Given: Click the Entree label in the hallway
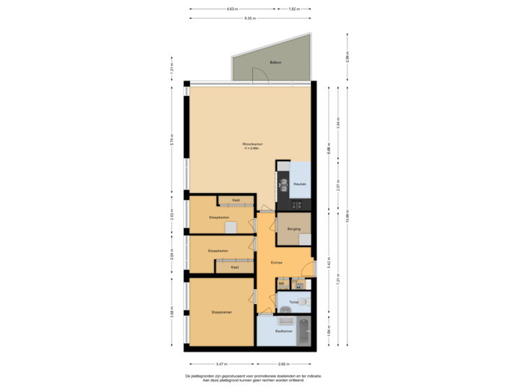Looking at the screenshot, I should click(x=276, y=262).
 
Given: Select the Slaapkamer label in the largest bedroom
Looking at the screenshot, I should click(x=221, y=312).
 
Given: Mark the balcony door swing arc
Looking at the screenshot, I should click(x=257, y=72).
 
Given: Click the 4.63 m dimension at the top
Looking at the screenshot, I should click(x=232, y=9).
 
